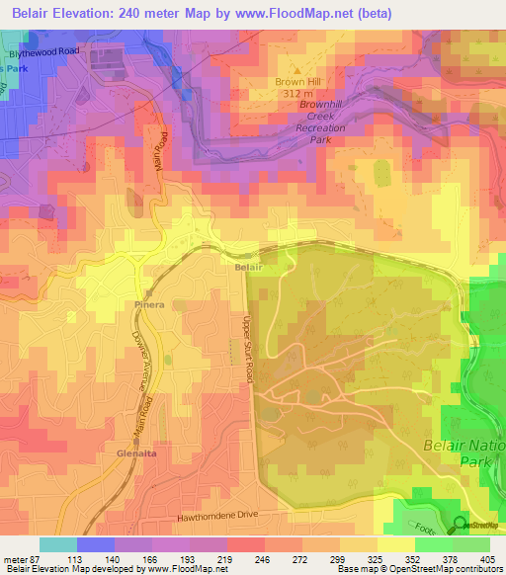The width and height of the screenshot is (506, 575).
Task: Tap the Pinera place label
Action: (x=149, y=305)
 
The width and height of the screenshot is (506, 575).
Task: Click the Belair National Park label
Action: (x=464, y=452)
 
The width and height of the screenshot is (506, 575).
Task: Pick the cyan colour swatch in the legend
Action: (x=58, y=544)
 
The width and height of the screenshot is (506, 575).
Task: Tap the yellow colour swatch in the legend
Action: (x=396, y=544)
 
